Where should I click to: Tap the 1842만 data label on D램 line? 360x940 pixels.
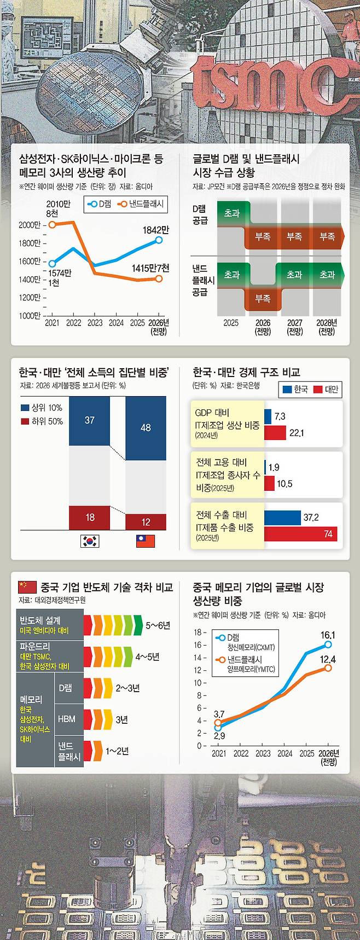[x=156, y=231]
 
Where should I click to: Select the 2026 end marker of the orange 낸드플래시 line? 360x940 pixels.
[x=159, y=278]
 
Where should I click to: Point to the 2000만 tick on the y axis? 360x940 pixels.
[x=29, y=225]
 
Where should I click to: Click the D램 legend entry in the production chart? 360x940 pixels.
[x=98, y=205]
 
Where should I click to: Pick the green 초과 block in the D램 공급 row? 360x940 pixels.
[x=232, y=213]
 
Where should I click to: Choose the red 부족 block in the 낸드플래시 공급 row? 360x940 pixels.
[x=263, y=299]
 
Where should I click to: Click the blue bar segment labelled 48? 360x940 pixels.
[x=146, y=428]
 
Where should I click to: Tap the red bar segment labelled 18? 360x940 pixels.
[x=89, y=517]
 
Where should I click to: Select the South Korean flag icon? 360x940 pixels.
[x=90, y=541]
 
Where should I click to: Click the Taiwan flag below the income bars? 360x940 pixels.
[x=146, y=541]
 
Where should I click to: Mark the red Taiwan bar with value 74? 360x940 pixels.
[x=300, y=534]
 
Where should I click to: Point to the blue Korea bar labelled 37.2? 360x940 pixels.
[x=282, y=518]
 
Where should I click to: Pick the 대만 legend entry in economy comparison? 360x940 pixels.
[x=327, y=390]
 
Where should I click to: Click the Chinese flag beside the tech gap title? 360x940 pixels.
[x=27, y=587]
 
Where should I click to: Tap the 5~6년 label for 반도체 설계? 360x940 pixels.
[x=158, y=625]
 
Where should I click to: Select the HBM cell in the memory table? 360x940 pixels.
[x=66, y=719]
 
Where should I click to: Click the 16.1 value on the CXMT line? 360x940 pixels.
[x=328, y=635]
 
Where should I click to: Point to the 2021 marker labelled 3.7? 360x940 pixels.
[x=218, y=723]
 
